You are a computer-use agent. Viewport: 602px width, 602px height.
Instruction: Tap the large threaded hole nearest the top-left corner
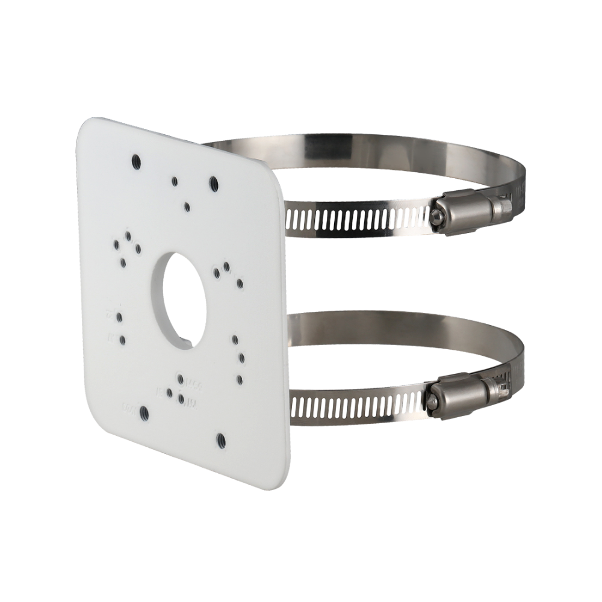(x=137, y=161)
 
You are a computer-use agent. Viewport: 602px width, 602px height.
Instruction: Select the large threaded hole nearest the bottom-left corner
(x=144, y=412)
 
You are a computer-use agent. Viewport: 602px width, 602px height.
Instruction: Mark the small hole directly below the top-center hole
(x=187, y=206)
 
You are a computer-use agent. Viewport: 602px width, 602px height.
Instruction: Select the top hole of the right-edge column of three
(x=235, y=340)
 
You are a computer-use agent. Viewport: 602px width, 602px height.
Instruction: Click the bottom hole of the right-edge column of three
(x=240, y=379)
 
